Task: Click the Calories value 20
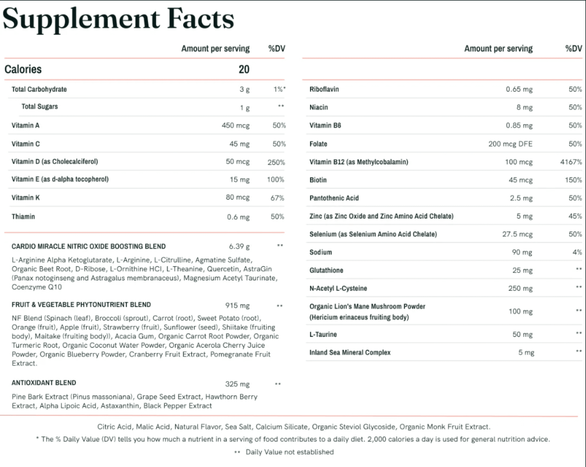pos(244,69)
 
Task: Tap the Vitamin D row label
pos(55,162)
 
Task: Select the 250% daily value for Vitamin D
pos(276,162)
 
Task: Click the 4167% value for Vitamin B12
pos(571,162)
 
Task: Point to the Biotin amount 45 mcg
pos(520,180)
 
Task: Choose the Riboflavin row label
pos(324,89)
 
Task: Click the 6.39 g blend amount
pos(239,247)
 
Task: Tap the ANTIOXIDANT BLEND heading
pos(44,383)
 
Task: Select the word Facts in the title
pos(200,19)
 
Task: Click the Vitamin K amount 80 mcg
pos(237,197)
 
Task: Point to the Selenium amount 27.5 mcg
pos(517,234)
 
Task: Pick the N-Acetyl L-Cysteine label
pos(338,288)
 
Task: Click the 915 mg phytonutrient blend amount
pos(237,305)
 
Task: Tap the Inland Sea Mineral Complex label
pos(350,353)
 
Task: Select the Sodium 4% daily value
pos(577,252)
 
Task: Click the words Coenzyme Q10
pos(37,287)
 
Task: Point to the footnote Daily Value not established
pos(289,452)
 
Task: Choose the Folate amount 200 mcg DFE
pos(510,144)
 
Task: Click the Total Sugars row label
pos(40,107)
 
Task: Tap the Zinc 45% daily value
pos(575,216)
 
